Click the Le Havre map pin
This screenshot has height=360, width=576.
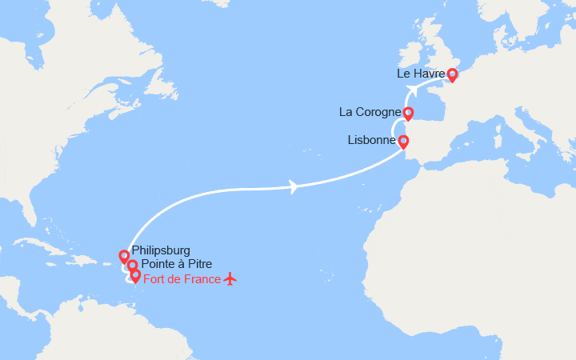coord(452,75)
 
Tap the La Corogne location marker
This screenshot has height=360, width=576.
coord(408,113)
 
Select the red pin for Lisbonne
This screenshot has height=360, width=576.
coord(403,142)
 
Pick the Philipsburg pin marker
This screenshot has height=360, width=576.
coord(124,256)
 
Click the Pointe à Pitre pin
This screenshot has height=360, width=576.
coord(132,266)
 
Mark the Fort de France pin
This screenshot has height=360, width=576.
coord(135,276)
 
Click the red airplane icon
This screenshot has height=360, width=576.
coord(231,278)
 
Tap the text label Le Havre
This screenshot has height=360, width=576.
coord(421,74)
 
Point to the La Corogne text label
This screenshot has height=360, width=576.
coord(370,112)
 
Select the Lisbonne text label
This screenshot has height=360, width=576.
coord(372,140)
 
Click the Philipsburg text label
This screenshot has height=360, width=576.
coord(161,250)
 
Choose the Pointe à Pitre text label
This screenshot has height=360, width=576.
coord(174,265)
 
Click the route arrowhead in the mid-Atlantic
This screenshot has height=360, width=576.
coord(294,187)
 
